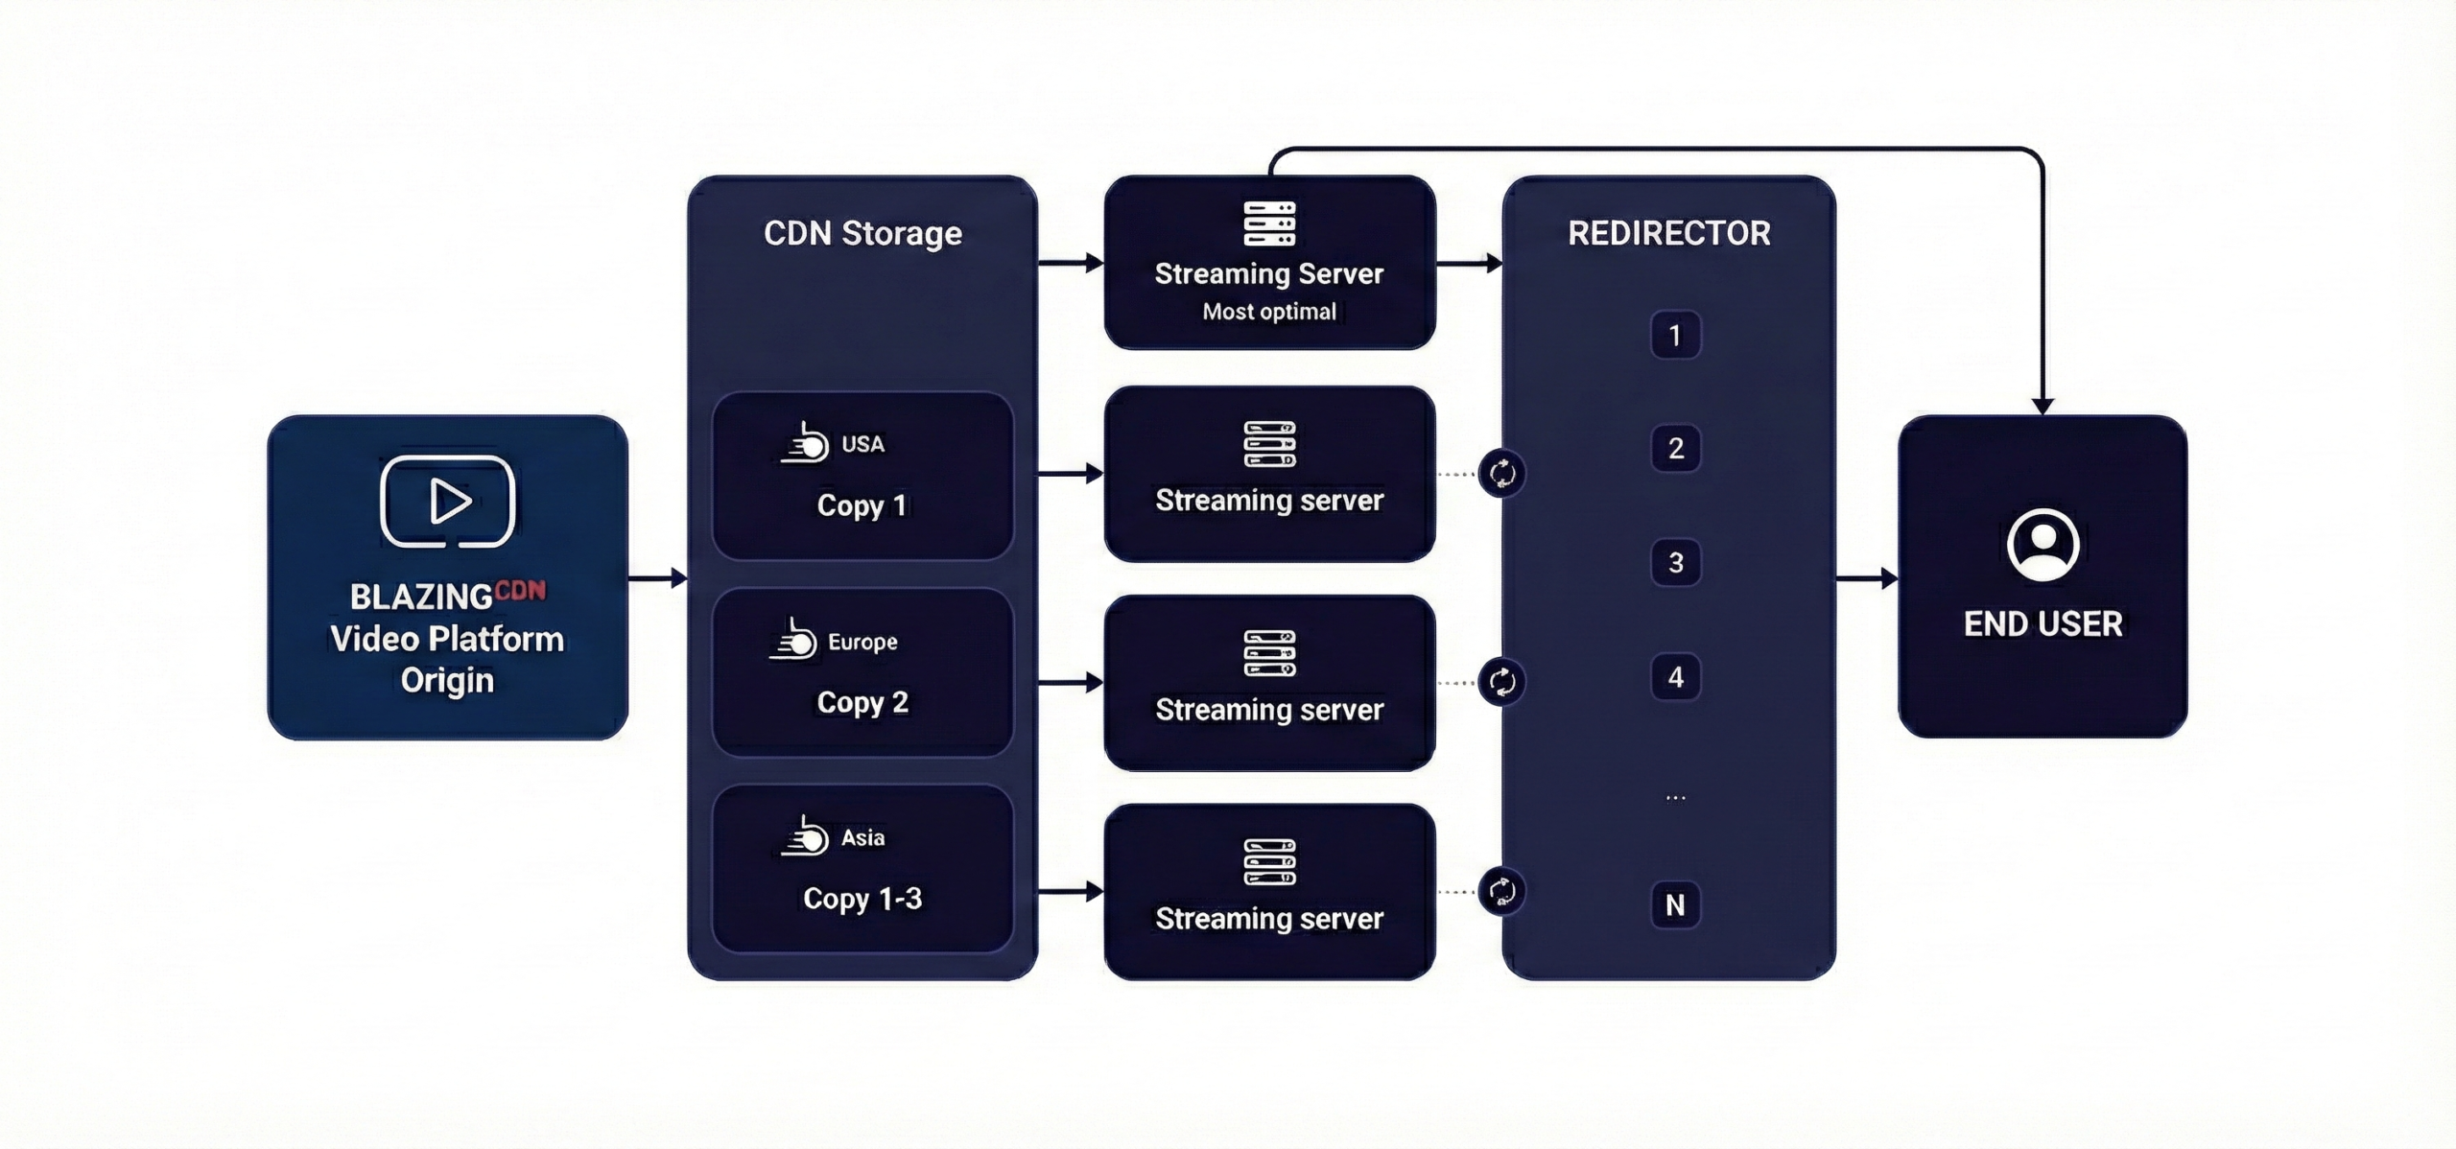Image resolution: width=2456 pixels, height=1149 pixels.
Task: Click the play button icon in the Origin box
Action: tap(448, 502)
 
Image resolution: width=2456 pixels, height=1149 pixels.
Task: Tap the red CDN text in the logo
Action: tap(521, 590)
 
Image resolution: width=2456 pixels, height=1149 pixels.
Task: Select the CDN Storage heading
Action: tap(862, 233)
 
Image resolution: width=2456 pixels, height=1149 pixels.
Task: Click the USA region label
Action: tap(862, 444)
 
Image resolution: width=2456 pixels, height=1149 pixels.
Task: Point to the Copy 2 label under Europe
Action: tap(862, 702)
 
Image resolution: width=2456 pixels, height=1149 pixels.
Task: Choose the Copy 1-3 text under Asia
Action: tap(862, 899)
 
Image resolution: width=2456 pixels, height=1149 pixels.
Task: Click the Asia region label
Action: tap(862, 837)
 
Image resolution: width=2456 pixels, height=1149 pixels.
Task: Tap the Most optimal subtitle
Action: tap(1269, 312)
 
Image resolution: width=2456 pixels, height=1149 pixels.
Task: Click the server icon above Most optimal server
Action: tap(1269, 223)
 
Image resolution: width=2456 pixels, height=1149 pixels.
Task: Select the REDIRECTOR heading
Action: tap(1669, 233)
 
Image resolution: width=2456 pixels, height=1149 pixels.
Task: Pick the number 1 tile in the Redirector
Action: tap(1675, 336)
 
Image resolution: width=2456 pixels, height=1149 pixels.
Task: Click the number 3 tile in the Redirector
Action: tap(1675, 563)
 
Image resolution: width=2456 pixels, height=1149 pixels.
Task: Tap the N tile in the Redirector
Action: tap(1675, 904)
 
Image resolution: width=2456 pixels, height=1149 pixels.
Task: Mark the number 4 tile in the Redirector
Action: tap(1675, 677)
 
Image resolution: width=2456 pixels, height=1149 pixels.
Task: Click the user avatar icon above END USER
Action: tap(2043, 545)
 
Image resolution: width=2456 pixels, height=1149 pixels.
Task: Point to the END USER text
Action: tap(2043, 624)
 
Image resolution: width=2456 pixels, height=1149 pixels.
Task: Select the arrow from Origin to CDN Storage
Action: tap(658, 578)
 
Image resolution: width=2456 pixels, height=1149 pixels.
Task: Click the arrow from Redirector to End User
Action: tap(1867, 578)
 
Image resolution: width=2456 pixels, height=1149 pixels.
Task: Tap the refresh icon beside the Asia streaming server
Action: tap(1501, 892)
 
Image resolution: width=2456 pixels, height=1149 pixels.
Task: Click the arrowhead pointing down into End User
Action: tap(2043, 407)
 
